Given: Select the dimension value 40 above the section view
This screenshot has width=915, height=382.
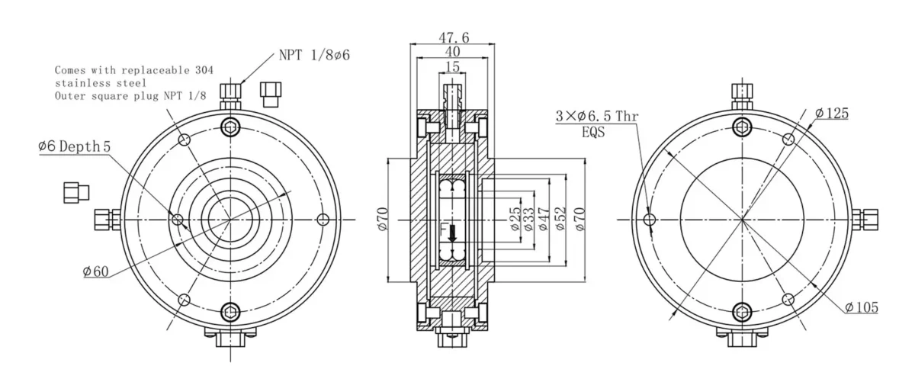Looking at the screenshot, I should tap(452, 52).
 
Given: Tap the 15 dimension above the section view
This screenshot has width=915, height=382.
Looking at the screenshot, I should tap(451, 67).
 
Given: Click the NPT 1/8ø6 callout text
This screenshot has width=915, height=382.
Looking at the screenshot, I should tap(313, 54).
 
